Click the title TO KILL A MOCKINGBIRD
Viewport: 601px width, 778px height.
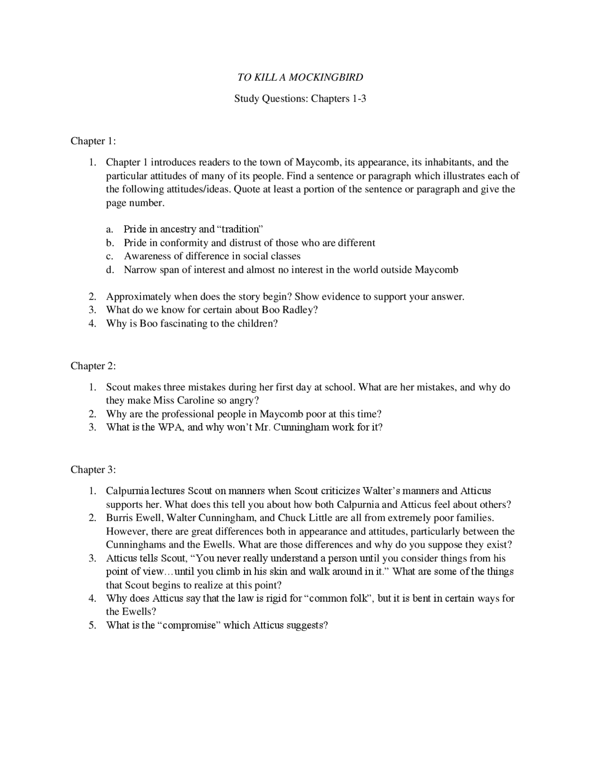pos(300,77)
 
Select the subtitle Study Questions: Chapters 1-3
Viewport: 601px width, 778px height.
pos(300,99)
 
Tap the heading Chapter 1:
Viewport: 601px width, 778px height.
pos(93,141)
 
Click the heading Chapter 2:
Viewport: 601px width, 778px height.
pos(93,366)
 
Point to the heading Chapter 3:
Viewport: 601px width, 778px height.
pos(93,470)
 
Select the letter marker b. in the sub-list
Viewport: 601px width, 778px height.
pos(110,243)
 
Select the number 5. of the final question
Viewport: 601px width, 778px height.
pos(93,626)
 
